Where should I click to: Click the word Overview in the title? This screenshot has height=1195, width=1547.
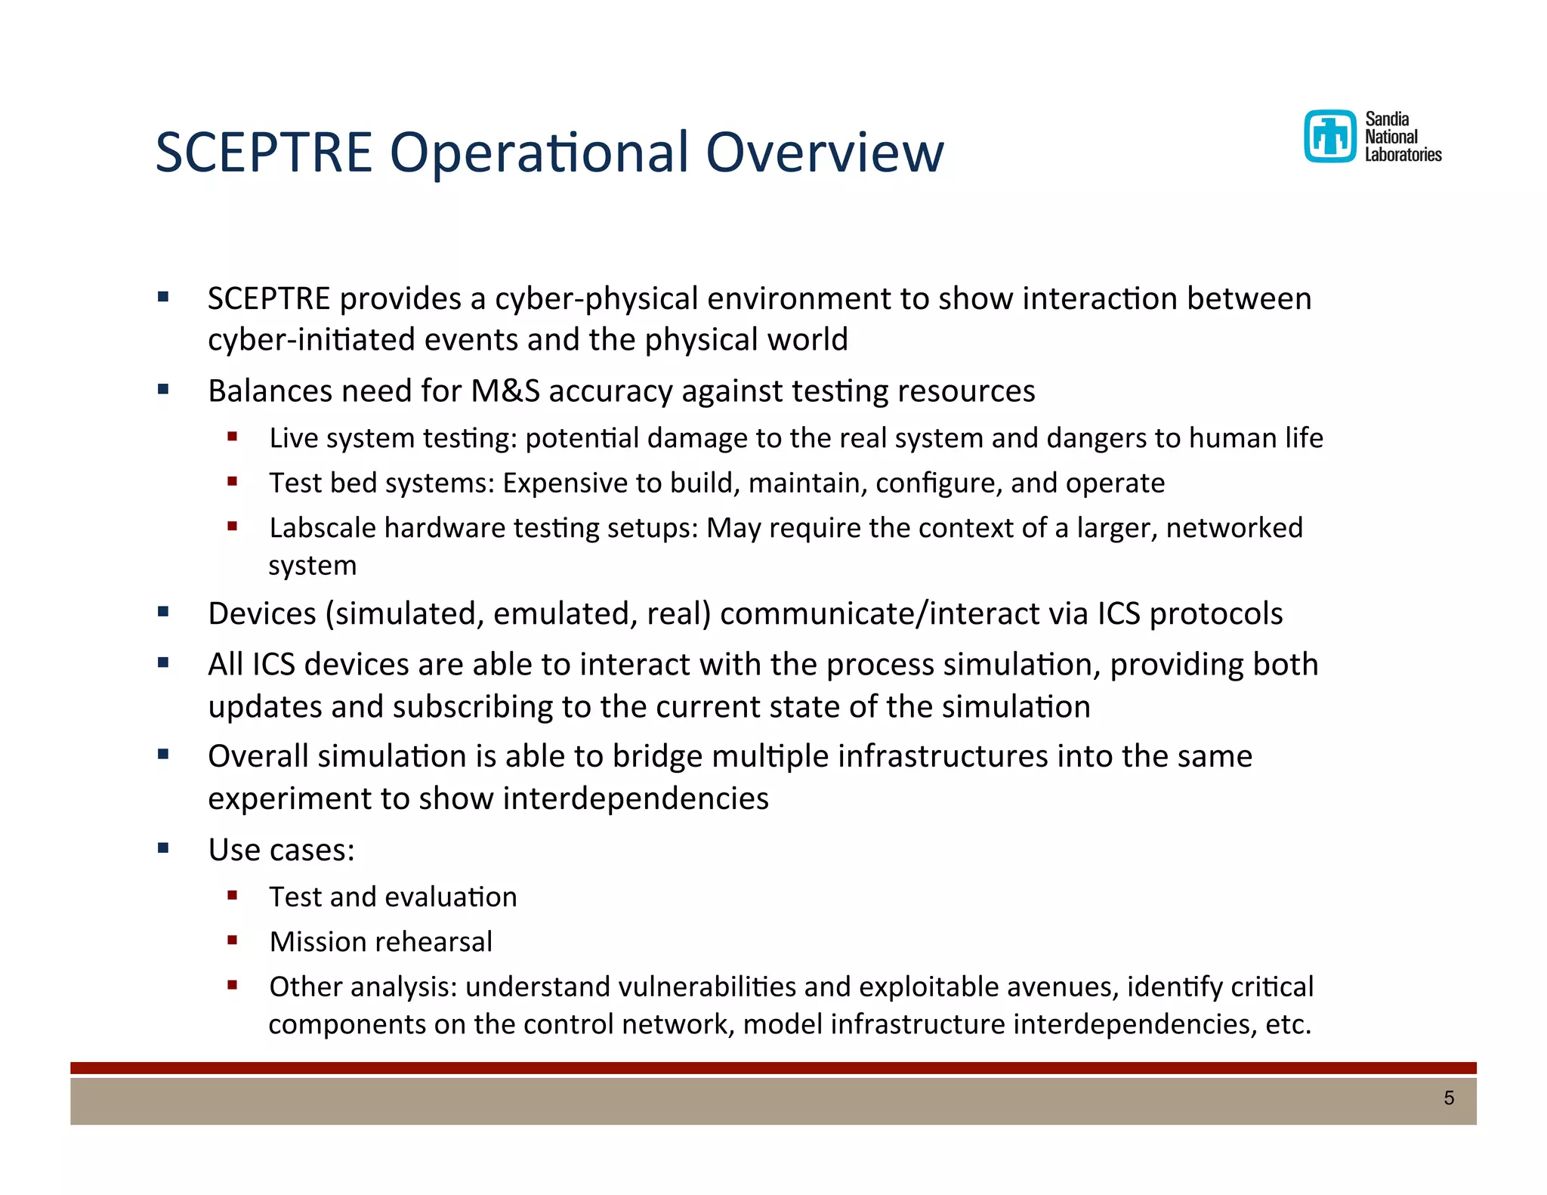[824, 153]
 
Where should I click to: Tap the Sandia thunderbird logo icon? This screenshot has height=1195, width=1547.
[1329, 137]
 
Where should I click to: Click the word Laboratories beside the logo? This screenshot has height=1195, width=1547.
[1403, 155]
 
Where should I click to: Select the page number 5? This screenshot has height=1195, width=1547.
[1448, 1098]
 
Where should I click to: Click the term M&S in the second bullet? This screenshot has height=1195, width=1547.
[505, 391]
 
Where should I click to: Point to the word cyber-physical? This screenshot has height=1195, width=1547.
[596, 299]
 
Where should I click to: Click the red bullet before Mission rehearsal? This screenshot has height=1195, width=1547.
[233, 940]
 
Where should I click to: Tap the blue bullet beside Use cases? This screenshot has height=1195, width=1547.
[163, 848]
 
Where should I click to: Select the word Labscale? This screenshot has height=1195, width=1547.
[323, 528]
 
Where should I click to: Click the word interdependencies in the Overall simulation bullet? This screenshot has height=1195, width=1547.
[635, 798]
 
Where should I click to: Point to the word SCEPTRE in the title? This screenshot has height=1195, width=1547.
[264, 153]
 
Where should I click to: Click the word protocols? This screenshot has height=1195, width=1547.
[1215, 614]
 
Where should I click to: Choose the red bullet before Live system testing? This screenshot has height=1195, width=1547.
[233, 437]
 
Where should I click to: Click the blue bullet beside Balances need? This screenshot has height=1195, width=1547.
[163, 390]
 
